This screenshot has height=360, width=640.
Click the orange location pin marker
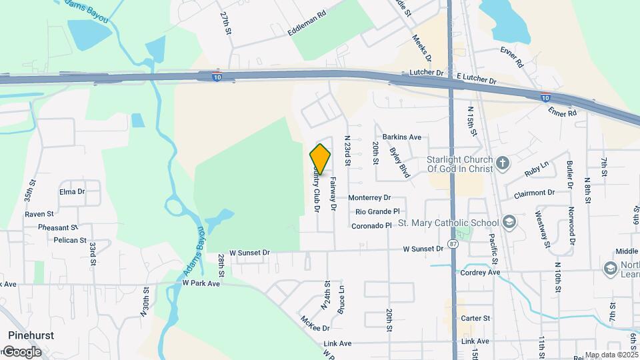click(321, 159)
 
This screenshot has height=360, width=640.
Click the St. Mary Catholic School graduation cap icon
click(509, 222)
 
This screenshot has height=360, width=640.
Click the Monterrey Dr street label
click(369, 198)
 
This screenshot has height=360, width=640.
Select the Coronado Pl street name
click(371, 226)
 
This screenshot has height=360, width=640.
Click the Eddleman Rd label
click(307, 23)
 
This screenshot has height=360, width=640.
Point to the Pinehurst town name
click(31, 335)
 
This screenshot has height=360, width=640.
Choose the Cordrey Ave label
click(479, 273)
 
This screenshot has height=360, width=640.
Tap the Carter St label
click(475, 319)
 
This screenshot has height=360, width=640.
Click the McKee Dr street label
click(315, 328)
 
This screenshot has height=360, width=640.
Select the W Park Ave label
click(201, 283)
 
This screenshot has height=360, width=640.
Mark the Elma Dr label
click(72, 191)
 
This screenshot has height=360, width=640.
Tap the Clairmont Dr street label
click(534, 193)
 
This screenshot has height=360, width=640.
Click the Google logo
click(22, 351)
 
